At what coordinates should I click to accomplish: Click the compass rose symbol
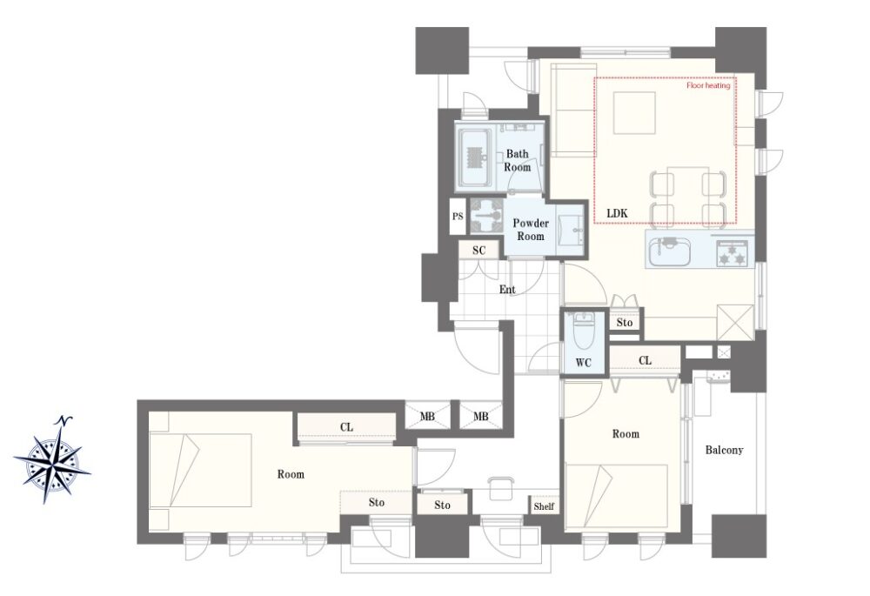click(x=52, y=460)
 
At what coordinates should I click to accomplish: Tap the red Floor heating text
click(x=708, y=85)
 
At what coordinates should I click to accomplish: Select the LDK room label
click(x=617, y=213)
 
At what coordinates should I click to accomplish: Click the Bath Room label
click(x=517, y=160)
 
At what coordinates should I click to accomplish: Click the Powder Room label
click(x=531, y=229)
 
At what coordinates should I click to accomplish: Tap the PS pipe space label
click(x=458, y=217)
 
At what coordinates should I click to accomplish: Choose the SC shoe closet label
click(x=478, y=251)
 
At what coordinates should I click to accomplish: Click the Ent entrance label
click(x=507, y=289)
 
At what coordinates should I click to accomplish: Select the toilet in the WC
click(x=583, y=329)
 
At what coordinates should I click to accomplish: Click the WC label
click(x=583, y=363)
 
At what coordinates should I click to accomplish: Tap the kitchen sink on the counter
click(x=669, y=252)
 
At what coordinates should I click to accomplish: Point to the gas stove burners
click(x=732, y=253)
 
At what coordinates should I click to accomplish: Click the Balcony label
click(x=724, y=450)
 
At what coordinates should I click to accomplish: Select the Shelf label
click(x=544, y=506)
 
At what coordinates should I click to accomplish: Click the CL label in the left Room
click(x=346, y=427)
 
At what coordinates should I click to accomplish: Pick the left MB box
click(x=426, y=416)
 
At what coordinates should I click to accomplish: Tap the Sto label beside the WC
click(x=624, y=323)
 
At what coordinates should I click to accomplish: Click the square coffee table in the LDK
click(x=634, y=112)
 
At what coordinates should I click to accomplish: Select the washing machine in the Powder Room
click(x=486, y=215)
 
